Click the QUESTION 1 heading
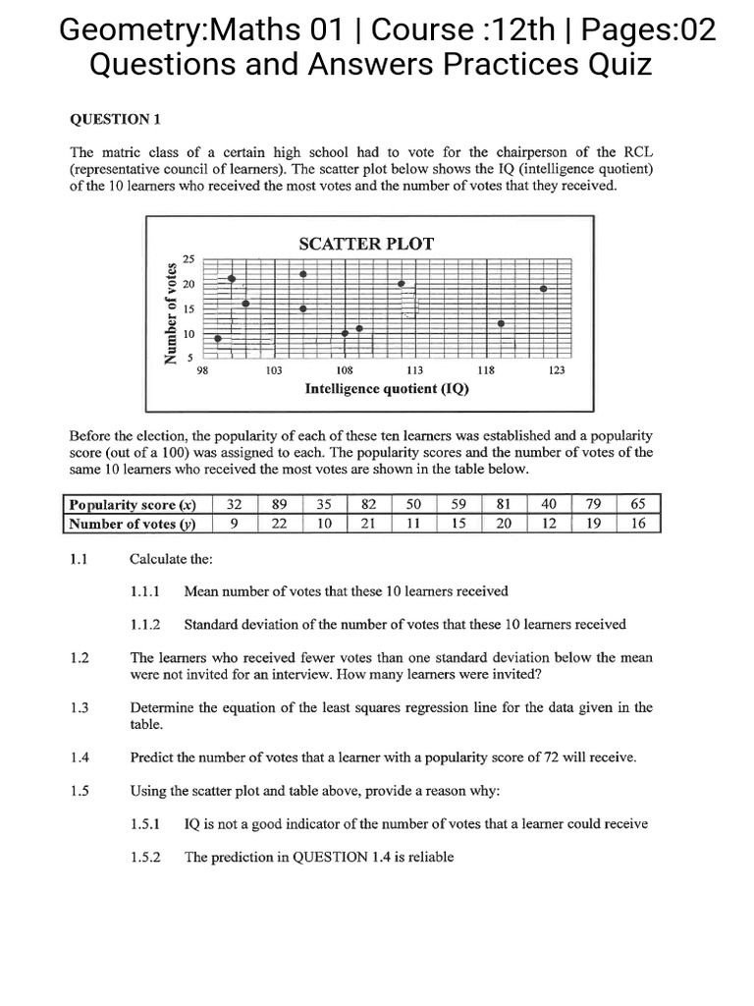click(x=115, y=120)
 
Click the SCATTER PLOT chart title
click(x=365, y=243)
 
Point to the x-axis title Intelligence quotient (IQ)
click(x=387, y=388)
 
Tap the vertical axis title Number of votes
click(x=172, y=311)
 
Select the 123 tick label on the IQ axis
click(x=557, y=370)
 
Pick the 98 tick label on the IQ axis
click(x=202, y=370)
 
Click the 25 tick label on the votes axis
click(x=188, y=258)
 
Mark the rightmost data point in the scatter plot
click(x=543, y=289)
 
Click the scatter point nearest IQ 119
click(x=501, y=323)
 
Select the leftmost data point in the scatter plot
click(x=218, y=339)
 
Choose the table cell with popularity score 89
click(x=279, y=504)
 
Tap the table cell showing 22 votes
click(x=279, y=524)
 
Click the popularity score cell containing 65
click(x=638, y=504)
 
